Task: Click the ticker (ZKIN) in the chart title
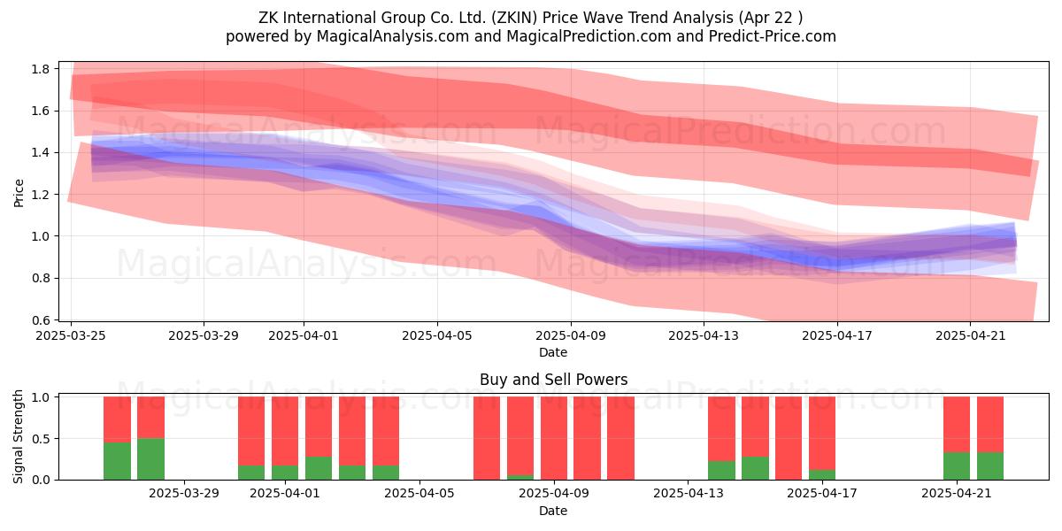tap(514, 18)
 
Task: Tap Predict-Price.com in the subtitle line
tap(773, 36)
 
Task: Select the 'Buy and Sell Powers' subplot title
tap(553, 380)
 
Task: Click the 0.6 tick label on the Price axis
tap(40, 320)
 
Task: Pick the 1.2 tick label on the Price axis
tap(40, 195)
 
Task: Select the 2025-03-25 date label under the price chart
tap(71, 335)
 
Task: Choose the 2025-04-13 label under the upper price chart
tap(704, 335)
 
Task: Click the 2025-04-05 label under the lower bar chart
tap(419, 493)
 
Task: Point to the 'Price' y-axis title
tap(19, 193)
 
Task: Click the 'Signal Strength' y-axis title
tap(18, 436)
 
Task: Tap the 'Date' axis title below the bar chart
tap(553, 511)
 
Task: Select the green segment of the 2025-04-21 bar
tap(957, 466)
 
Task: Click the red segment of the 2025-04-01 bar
tap(285, 431)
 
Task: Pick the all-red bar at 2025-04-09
tap(554, 438)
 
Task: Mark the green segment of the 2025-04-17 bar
tap(822, 474)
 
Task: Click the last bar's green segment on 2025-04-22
tap(990, 466)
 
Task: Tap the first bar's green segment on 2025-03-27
tap(117, 461)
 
